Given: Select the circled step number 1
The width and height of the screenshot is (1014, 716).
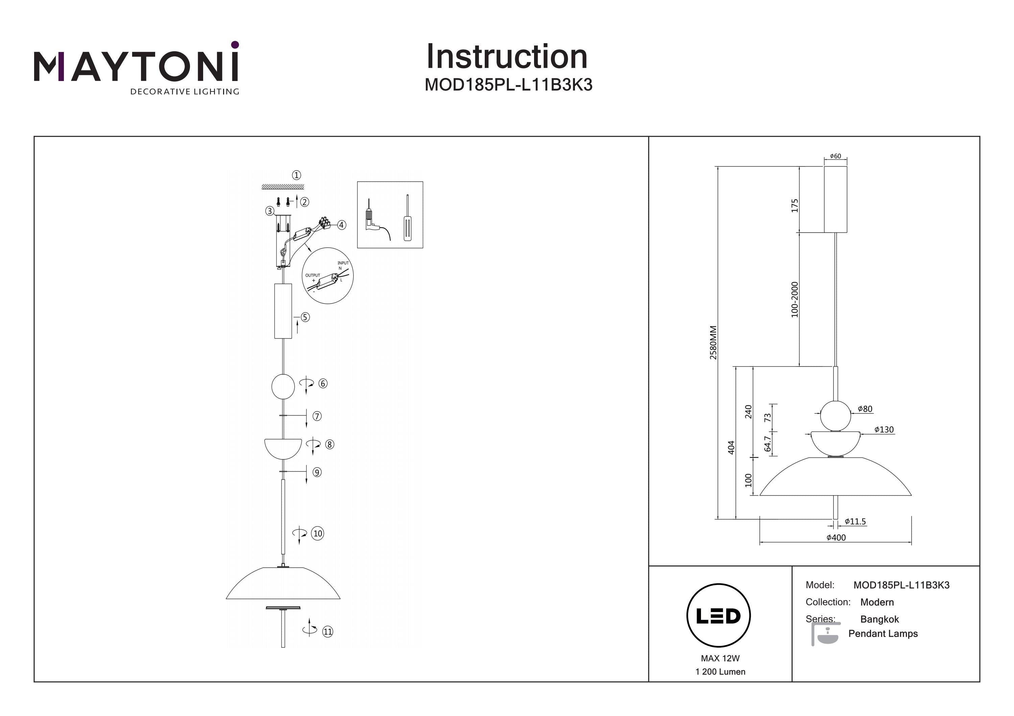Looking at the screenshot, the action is (296, 175).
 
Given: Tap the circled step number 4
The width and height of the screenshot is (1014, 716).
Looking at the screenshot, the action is (341, 225).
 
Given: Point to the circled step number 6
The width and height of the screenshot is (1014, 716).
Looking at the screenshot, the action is (323, 384).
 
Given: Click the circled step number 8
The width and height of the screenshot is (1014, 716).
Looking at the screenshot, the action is (330, 445).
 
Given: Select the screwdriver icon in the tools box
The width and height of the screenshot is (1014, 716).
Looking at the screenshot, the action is (408, 218).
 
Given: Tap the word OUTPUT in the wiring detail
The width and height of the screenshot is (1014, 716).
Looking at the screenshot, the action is (313, 275).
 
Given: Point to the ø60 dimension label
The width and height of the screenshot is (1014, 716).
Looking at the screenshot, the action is (835, 156).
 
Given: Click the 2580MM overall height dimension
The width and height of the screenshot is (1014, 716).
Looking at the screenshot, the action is (713, 342).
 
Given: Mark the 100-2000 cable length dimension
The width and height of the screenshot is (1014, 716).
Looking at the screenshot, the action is (795, 299).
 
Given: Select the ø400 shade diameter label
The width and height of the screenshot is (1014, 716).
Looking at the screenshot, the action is (836, 538).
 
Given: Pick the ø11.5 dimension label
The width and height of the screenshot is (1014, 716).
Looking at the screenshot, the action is (855, 522).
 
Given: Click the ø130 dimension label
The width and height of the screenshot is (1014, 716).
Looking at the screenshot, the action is (884, 430).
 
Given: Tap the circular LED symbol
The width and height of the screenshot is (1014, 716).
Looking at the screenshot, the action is (719, 616).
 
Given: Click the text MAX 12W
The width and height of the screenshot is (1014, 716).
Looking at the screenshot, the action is (720, 659).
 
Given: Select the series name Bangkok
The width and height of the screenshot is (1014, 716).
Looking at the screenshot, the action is (880, 619).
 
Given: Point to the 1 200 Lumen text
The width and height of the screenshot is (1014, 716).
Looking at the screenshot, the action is (720, 672).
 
